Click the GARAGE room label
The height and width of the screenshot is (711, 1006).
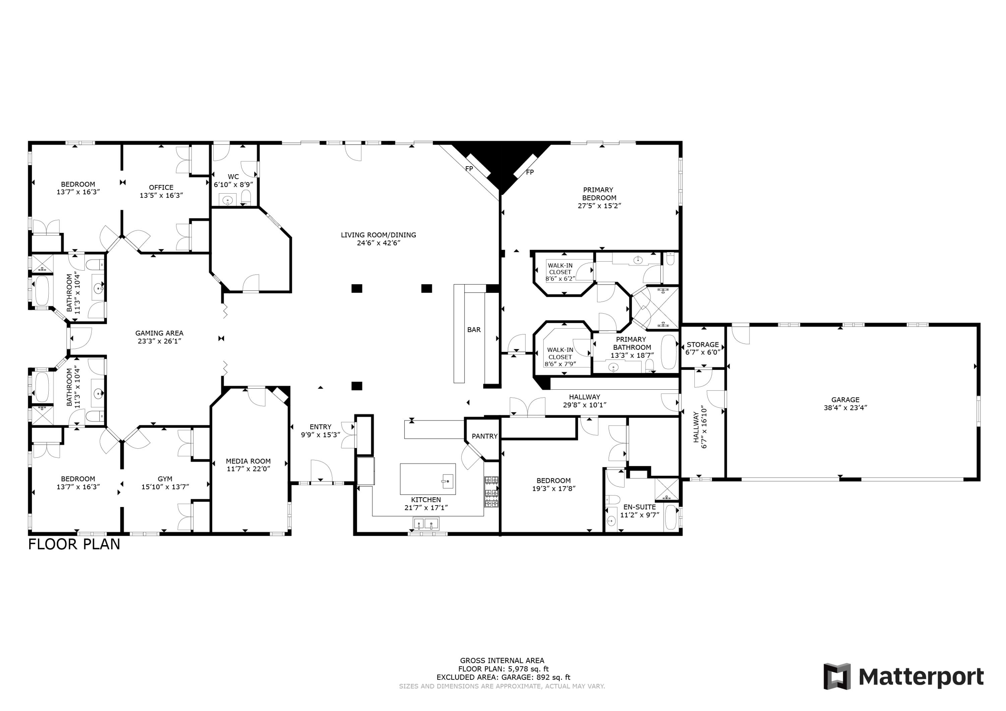click(x=845, y=400)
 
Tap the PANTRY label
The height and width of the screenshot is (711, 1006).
click(x=485, y=436)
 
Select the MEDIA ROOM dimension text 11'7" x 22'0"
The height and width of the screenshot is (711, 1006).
click(x=248, y=469)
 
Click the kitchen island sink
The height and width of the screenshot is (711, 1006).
click(x=447, y=481)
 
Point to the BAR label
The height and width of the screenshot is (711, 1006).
click(x=473, y=330)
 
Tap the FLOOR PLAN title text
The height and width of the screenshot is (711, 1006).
click(x=74, y=544)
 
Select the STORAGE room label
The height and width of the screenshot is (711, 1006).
click(x=703, y=344)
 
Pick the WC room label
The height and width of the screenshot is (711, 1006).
click(x=233, y=177)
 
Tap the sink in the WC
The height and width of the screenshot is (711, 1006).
click(x=227, y=200)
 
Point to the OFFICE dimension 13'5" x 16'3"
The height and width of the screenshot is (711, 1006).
click(x=161, y=195)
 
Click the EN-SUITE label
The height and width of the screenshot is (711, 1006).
click(x=640, y=507)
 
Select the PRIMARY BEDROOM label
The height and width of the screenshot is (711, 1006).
click(x=599, y=194)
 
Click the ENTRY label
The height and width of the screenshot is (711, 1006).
click(x=320, y=427)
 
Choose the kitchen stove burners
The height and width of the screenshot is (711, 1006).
click(x=491, y=492)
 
